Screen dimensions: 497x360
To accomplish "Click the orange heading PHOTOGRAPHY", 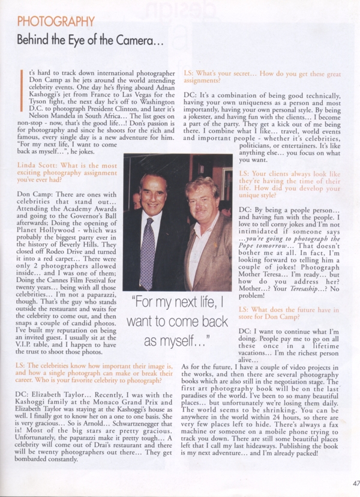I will click(56, 22).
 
